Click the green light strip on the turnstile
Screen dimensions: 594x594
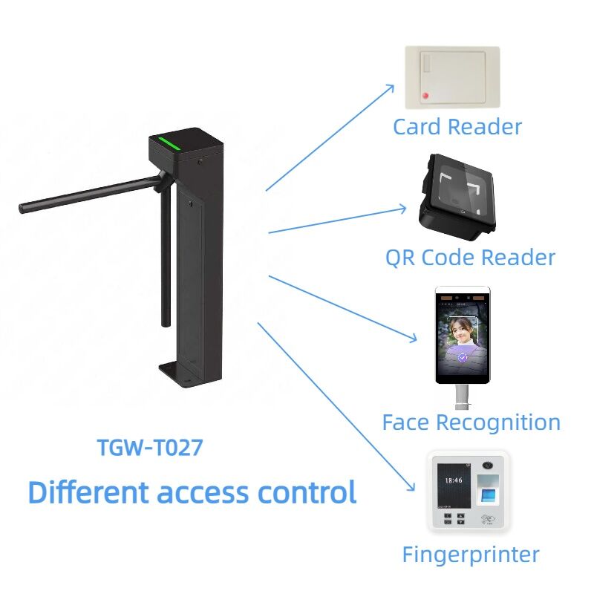[169, 143]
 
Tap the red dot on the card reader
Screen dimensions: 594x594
[425, 96]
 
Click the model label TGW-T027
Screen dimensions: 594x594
[150, 447]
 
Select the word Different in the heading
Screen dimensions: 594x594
[88, 492]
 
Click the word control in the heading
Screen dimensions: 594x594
[307, 492]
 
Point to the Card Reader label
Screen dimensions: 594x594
[457, 126]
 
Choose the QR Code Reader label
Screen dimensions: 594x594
[470, 258]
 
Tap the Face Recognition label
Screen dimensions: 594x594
[471, 422]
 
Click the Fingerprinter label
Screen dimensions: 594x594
[471, 555]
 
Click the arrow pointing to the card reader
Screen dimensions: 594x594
[330, 137]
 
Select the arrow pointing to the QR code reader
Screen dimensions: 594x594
[337, 220]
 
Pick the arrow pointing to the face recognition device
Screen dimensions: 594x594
[343, 309]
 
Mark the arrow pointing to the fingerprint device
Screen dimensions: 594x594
[336, 407]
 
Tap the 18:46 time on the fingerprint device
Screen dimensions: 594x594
[454, 480]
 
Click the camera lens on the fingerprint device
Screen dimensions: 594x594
[489, 466]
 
